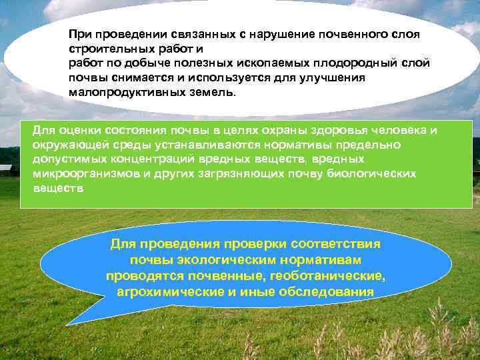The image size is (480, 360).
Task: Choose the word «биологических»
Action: [x=374, y=173]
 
